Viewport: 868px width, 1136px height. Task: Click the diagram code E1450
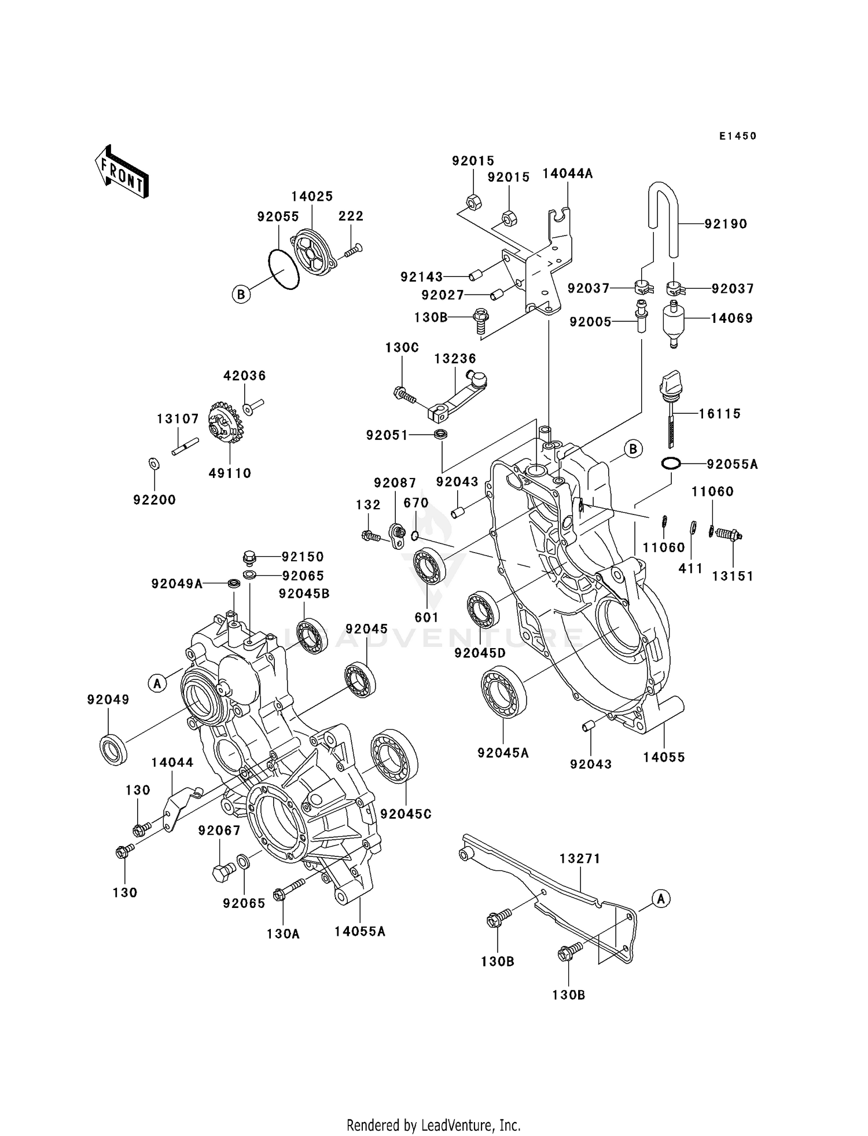738,136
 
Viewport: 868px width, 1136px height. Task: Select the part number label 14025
312,196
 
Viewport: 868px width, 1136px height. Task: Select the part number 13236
455,359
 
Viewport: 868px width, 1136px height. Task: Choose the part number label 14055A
359,931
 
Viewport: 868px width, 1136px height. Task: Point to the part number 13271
579,859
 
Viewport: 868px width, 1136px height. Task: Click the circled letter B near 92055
241,295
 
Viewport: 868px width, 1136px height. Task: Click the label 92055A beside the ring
732,464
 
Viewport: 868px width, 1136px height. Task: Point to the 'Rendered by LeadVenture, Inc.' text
433,1125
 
